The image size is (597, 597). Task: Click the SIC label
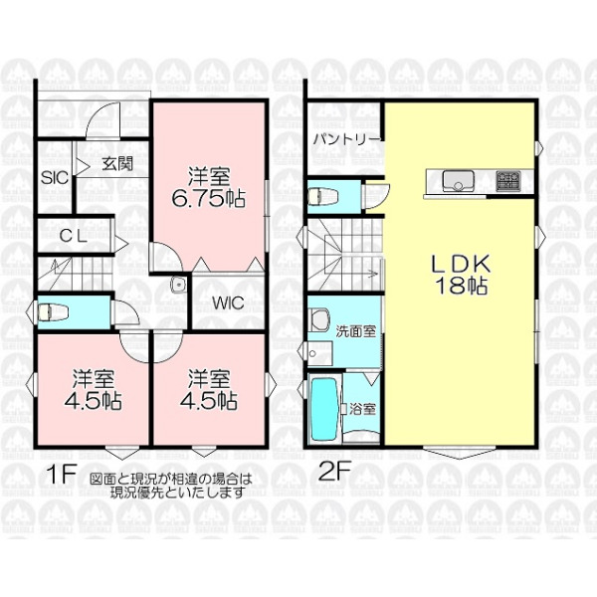[55, 178]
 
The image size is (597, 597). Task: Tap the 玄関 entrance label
[117, 164]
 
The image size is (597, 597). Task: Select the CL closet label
[74, 237]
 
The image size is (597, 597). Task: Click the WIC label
[228, 303]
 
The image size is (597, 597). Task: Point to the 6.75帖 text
[208, 198]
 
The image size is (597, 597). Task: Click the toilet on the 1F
[53, 312]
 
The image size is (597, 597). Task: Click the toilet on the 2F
[322, 197]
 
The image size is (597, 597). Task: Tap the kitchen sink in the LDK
[459, 181]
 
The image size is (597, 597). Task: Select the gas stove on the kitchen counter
[508, 181]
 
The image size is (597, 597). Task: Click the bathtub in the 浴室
[324, 409]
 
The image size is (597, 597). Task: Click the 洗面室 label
[355, 331]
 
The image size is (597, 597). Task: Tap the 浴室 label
[363, 409]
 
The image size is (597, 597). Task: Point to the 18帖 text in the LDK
[462, 286]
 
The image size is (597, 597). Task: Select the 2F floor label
[334, 472]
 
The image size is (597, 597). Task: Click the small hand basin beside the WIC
[178, 285]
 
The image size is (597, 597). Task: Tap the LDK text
[461, 263]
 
